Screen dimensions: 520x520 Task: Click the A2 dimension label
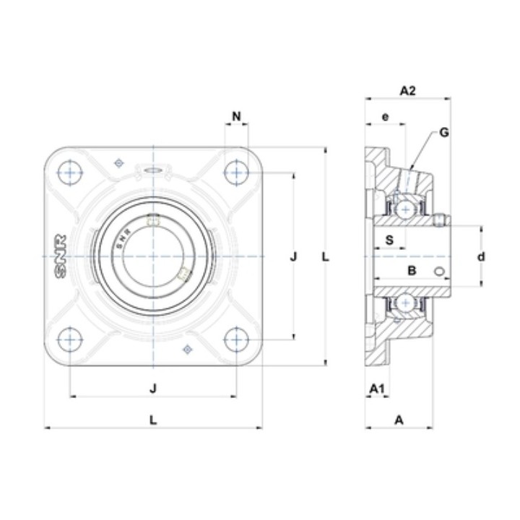pos(407,90)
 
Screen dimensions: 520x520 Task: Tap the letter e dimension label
pos(385,117)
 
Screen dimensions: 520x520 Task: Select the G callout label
pos(443,132)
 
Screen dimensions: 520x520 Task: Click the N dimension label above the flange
pos(236,116)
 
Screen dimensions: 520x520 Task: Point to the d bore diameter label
pos(481,256)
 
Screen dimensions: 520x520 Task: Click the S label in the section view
pos(390,240)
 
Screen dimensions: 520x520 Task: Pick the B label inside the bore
pos(412,271)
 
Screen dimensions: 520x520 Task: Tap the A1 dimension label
pos(377,389)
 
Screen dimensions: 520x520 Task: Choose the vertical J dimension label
pos(293,256)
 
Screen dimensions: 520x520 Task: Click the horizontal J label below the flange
pos(153,388)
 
